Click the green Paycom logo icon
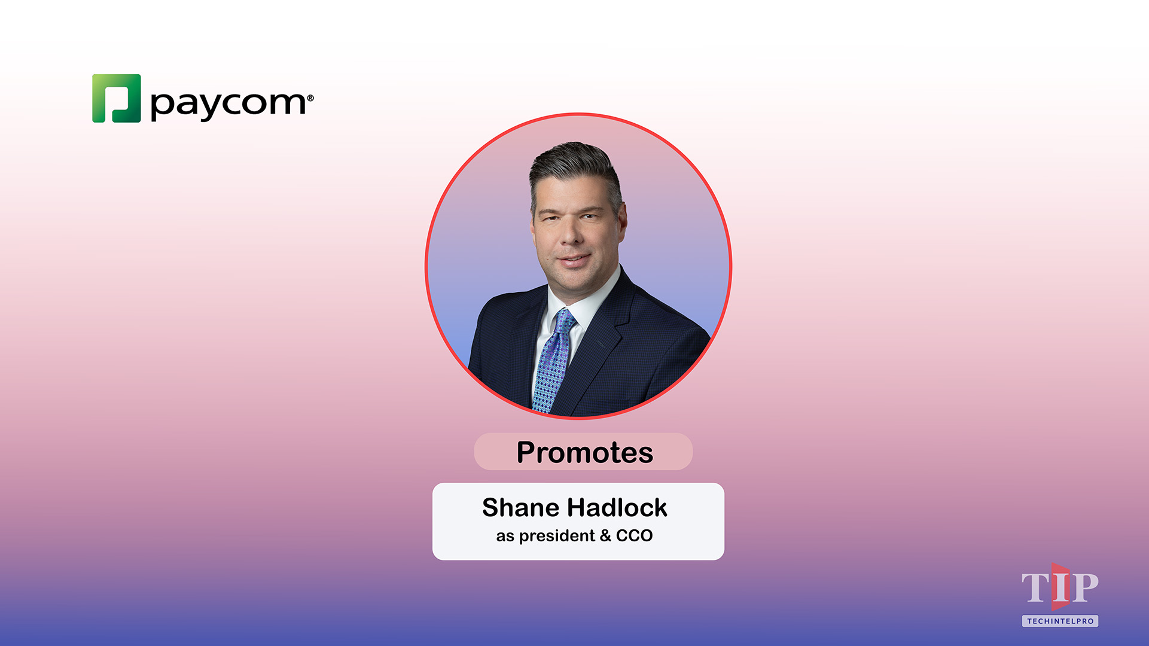117,99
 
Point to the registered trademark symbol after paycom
310,98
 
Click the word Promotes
584,452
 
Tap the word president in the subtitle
557,536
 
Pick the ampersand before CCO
605,536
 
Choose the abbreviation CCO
634,536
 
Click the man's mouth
574,260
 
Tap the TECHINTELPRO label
1060,621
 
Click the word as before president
505,537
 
